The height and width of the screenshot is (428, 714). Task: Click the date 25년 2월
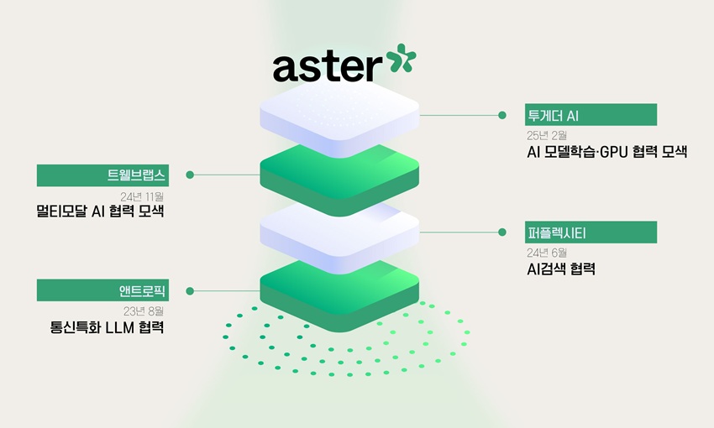(x=547, y=135)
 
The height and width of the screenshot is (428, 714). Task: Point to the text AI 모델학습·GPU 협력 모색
(x=606, y=153)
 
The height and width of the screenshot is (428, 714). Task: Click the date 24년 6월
(x=547, y=252)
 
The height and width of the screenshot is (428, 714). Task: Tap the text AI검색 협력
(x=560, y=269)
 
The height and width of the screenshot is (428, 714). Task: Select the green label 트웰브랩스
(x=102, y=175)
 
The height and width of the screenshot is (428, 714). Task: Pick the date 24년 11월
(x=142, y=196)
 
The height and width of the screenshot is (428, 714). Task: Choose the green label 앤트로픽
(x=102, y=291)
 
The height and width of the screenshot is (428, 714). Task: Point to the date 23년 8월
(x=143, y=311)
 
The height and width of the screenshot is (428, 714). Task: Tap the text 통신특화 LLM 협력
(x=108, y=328)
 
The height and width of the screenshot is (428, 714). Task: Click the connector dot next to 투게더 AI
(x=502, y=115)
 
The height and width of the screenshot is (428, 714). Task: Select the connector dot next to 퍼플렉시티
(x=502, y=232)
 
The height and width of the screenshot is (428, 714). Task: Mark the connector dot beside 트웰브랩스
(x=190, y=175)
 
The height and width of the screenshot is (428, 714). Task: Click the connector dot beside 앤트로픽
(x=190, y=291)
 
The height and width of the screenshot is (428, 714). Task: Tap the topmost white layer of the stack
(x=339, y=113)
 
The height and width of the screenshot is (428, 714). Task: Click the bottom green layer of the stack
(x=339, y=294)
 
